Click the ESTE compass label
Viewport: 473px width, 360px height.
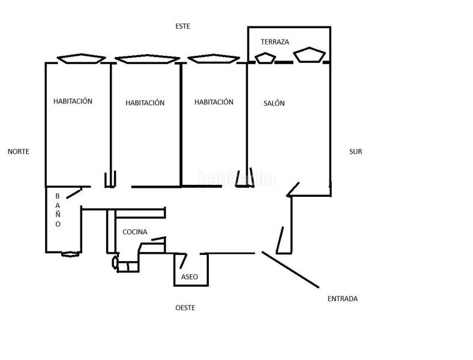coord(183,26)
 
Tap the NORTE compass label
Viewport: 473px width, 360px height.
coord(19,151)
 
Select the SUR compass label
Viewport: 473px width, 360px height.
coord(356,151)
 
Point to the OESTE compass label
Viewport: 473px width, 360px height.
coord(185,308)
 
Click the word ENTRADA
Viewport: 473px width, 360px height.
coord(343,298)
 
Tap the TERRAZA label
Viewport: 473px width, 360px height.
coord(275,41)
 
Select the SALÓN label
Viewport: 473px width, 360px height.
coord(274,103)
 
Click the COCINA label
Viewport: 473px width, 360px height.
coord(135,232)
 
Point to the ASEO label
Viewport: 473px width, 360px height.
coord(190,277)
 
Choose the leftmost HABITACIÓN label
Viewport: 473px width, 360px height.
coord(73,101)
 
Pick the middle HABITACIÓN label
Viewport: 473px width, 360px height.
coord(145,103)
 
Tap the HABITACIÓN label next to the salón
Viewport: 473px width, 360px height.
coord(214,101)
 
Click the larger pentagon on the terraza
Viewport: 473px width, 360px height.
coord(310,55)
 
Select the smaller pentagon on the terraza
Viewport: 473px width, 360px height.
coord(265,58)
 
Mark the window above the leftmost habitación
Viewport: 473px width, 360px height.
coord(82,58)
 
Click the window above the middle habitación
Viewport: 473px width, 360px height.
coord(147,59)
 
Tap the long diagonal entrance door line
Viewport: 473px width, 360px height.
coord(290,269)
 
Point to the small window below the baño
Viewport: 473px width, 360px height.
coord(70,254)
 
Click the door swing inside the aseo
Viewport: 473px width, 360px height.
coord(183,261)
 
